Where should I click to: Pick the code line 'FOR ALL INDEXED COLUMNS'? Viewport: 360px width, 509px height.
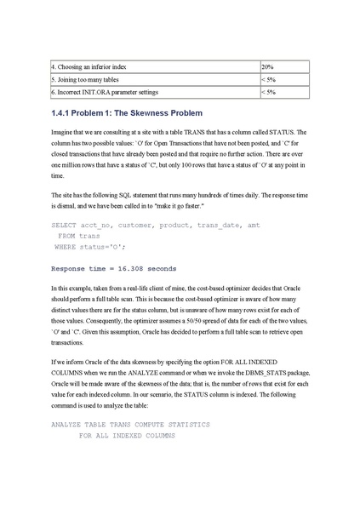tap(126, 435)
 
